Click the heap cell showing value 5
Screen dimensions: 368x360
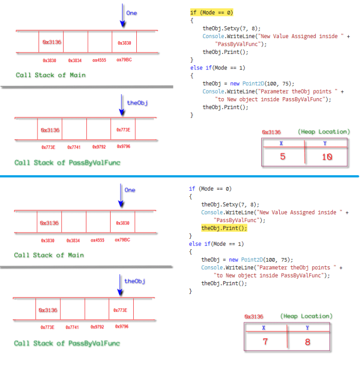point(282,157)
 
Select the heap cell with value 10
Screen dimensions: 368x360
point(327,157)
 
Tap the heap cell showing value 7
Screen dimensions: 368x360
point(265,341)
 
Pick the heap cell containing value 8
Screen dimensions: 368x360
point(308,341)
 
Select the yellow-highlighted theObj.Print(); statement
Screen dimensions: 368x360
point(224,228)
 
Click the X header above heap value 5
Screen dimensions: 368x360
point(281,144)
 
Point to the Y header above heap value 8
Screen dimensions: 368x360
point(307,327)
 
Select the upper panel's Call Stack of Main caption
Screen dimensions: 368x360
point(50,75)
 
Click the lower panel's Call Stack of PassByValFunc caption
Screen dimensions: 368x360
point(67,343)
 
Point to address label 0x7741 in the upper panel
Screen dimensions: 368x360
point(74,147)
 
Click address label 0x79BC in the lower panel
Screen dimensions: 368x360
point(122,240)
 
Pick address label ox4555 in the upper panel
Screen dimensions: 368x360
point(99,60)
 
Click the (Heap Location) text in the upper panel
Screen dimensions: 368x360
point(323,132)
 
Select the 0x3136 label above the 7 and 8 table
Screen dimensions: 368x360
point(254,317)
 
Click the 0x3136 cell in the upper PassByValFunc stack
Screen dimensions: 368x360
point(50,130)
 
